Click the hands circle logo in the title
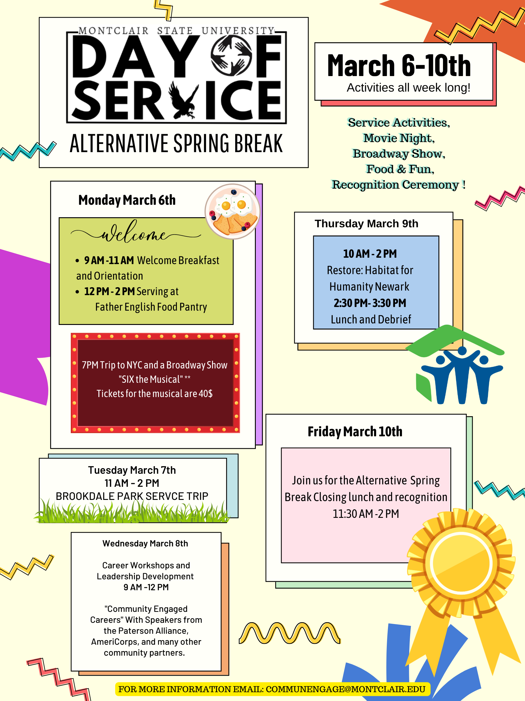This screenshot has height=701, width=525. click(x=231, y=55)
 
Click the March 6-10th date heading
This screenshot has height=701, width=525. click(x=399, y=66)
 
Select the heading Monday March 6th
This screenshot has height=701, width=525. click(x=127, y=200)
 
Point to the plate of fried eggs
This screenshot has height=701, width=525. click(x=233, y=211)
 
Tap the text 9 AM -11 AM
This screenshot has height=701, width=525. click(x=109, y=260)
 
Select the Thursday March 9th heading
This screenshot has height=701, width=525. click(x=366, y=224)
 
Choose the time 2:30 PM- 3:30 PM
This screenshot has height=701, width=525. click(x=370, y=303)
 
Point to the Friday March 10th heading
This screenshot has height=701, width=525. click(x=355, y=432)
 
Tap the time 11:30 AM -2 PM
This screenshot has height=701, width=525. click(x=365, y=514)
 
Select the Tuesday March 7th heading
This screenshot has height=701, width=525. click(x=132, y=470)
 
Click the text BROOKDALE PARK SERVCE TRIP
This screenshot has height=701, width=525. click(x=132, y=496)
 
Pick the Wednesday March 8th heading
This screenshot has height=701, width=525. click(x=145, y=543)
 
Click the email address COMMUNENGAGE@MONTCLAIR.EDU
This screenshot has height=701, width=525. click(x=345, y=689)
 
